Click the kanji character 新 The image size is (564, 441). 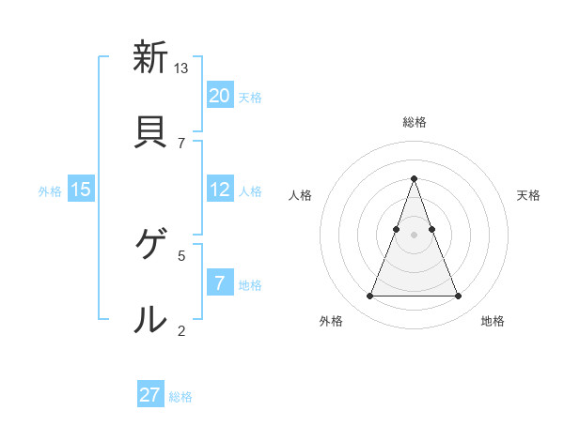pos(150,58)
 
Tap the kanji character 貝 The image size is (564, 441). pos(150,132)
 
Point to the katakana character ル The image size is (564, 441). pos(150,319)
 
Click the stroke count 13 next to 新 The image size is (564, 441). pos(181,68)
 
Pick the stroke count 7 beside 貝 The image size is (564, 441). pos(181,143)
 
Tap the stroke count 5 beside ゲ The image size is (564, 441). pos(181,254)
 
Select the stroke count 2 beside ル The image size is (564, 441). pos(181,329)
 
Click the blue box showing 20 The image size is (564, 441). pos(220,96)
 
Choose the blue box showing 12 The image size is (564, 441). pos(220,190)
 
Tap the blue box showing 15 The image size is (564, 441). pos(81,190)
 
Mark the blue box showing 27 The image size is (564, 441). pos(150,395)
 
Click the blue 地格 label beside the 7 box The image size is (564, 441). pos(250,284)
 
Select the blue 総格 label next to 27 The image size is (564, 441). pos(180,397)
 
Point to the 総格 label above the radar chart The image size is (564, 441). pos(415,122)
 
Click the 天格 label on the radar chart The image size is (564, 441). pos(528,195)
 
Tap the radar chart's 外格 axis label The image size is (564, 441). pos(331,322)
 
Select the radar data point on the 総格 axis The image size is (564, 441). pos(415,178)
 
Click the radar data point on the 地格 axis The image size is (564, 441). pos(458,297)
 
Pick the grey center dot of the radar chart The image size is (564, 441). pos(415,235)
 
